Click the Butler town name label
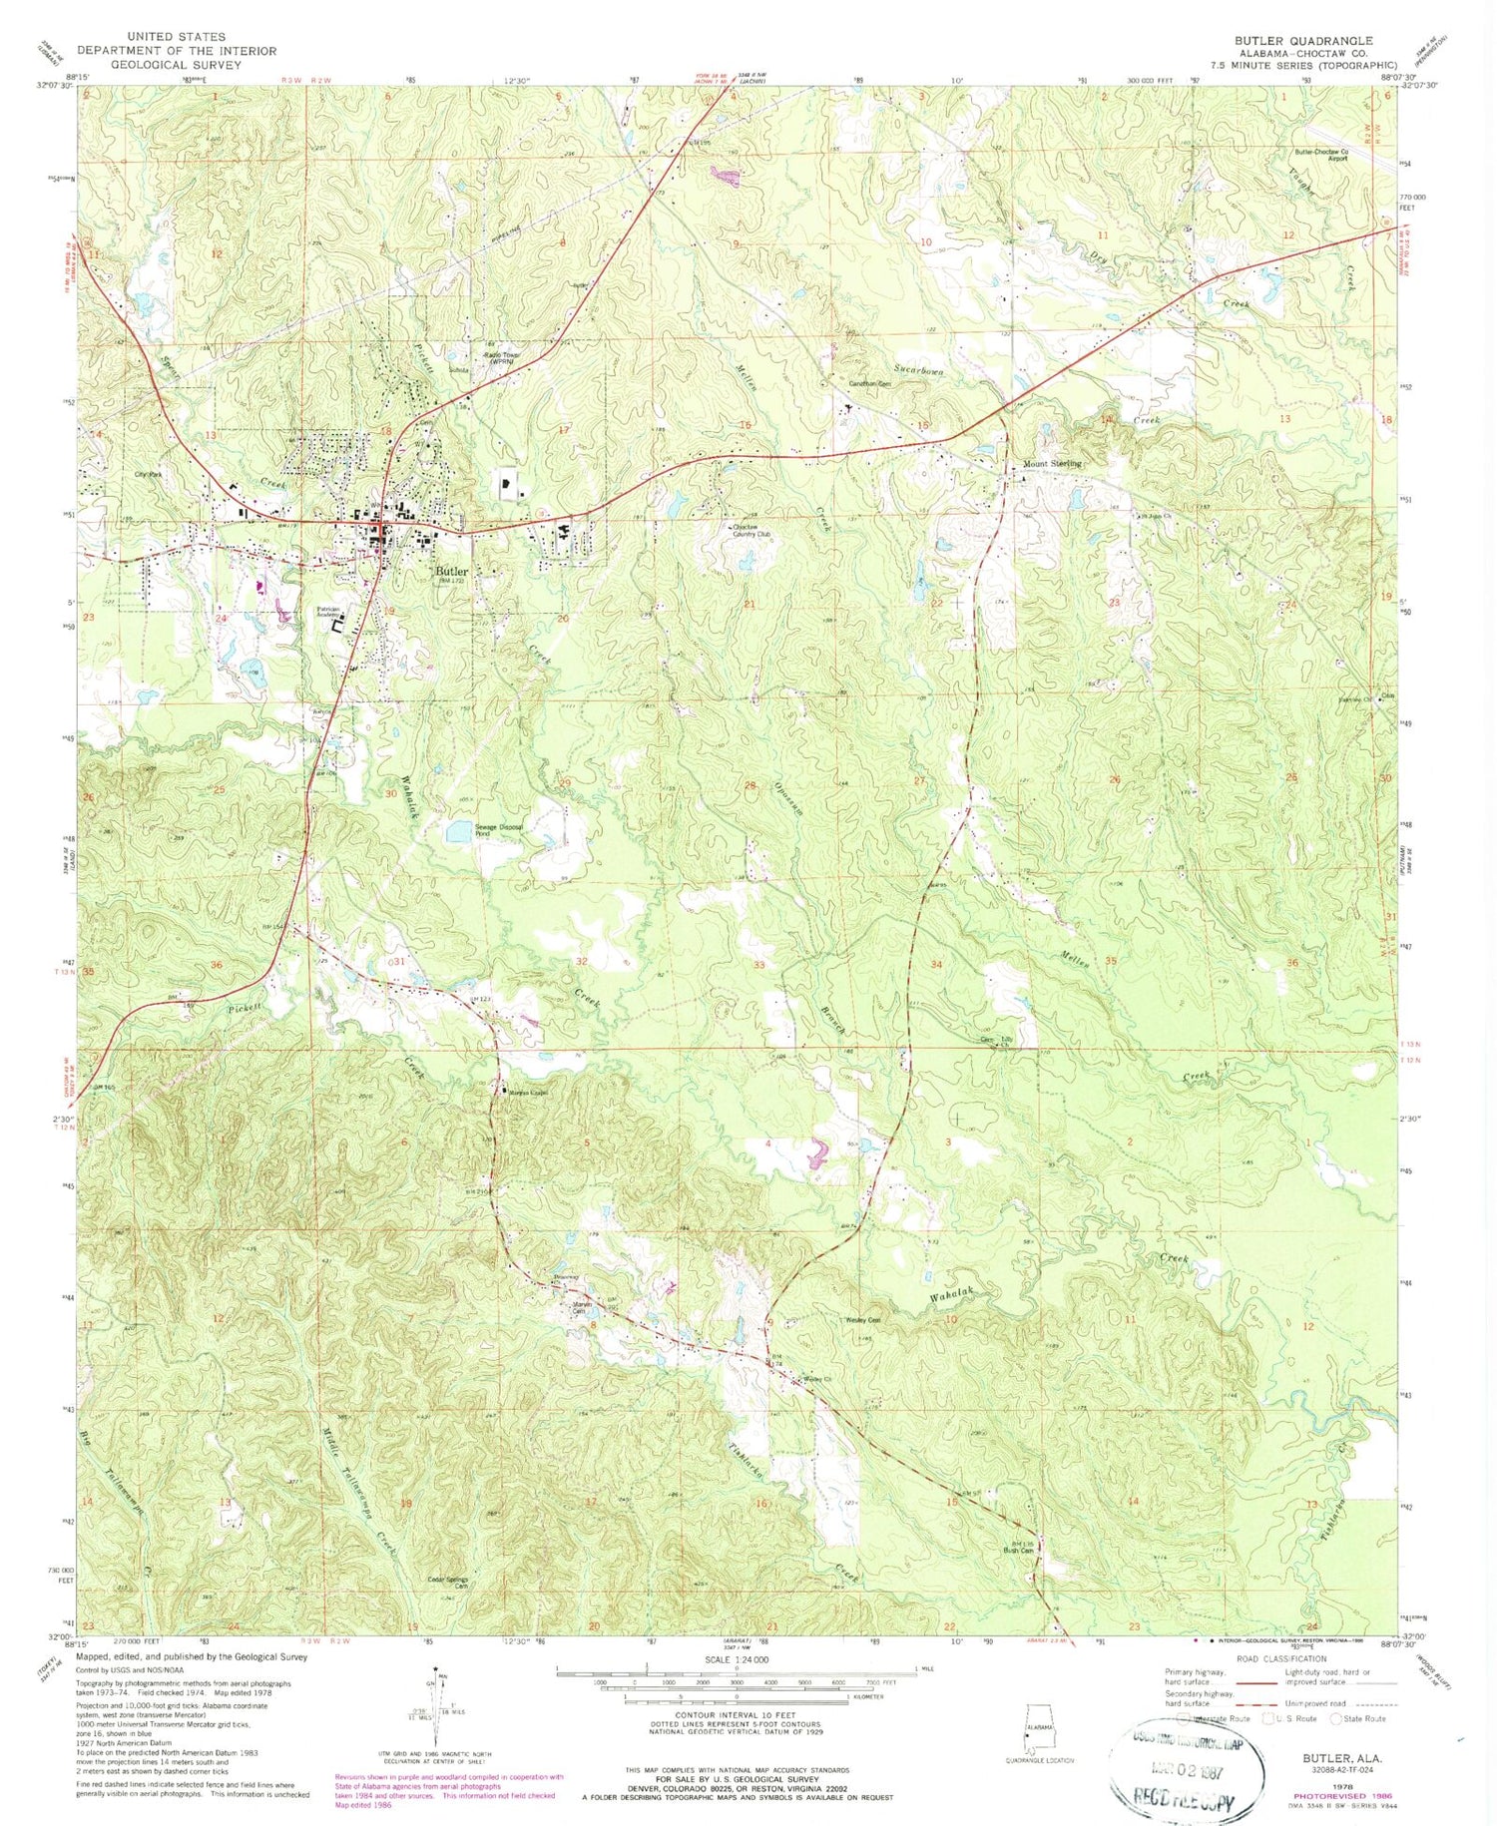452,572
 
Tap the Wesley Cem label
854,1320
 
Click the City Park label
148,474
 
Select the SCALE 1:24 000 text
737,1657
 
